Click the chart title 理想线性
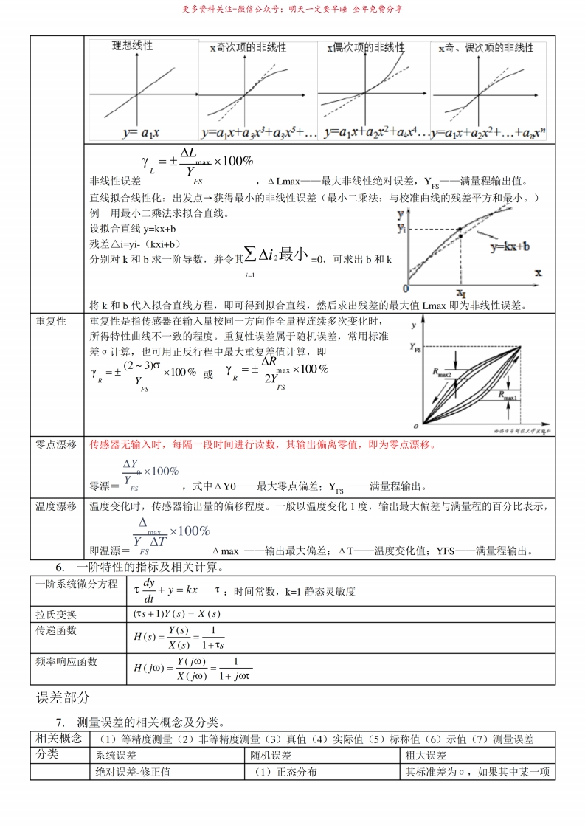coord(132,46)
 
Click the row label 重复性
coord(51,322)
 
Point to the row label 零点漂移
coord(56,444)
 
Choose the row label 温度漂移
coord(56,506)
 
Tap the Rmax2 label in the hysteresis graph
coord(443,373)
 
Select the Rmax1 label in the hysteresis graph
coord(508,396)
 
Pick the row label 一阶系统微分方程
coord(77,584)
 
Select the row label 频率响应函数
coord(66,662)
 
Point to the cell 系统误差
coord(117,755)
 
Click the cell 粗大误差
coord(426,755)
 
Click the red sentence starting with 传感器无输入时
coord(263,444)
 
